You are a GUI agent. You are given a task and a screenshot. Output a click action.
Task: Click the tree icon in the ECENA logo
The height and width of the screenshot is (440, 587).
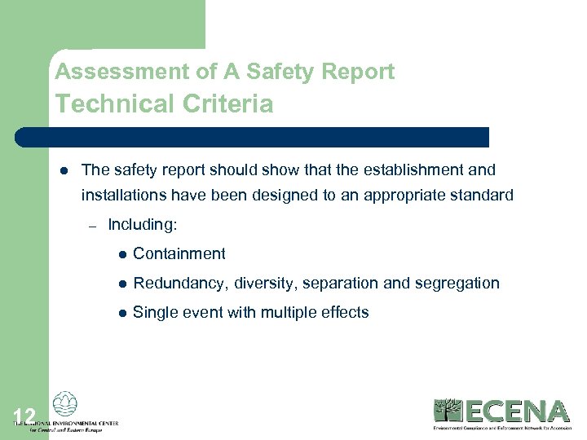click(448, 411)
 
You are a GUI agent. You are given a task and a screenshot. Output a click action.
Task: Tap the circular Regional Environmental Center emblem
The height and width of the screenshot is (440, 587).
click(64, 405)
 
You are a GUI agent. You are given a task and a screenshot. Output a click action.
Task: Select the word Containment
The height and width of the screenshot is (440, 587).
click(179, 253)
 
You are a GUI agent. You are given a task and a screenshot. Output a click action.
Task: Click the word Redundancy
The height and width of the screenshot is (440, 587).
click(179, 283)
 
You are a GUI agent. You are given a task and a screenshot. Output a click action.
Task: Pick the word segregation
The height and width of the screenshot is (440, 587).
click(458, 283)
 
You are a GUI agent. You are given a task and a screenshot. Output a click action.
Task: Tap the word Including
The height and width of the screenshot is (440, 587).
click(143, 224)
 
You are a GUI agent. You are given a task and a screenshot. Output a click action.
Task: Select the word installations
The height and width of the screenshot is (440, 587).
click(123, 195)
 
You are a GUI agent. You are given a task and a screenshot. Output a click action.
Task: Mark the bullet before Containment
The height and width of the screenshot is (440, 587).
click(121, 254)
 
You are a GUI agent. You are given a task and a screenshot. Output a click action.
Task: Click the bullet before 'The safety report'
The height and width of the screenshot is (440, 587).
click(63, 170)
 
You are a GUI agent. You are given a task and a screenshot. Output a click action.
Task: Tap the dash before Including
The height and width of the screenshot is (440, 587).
click(93, 225)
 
